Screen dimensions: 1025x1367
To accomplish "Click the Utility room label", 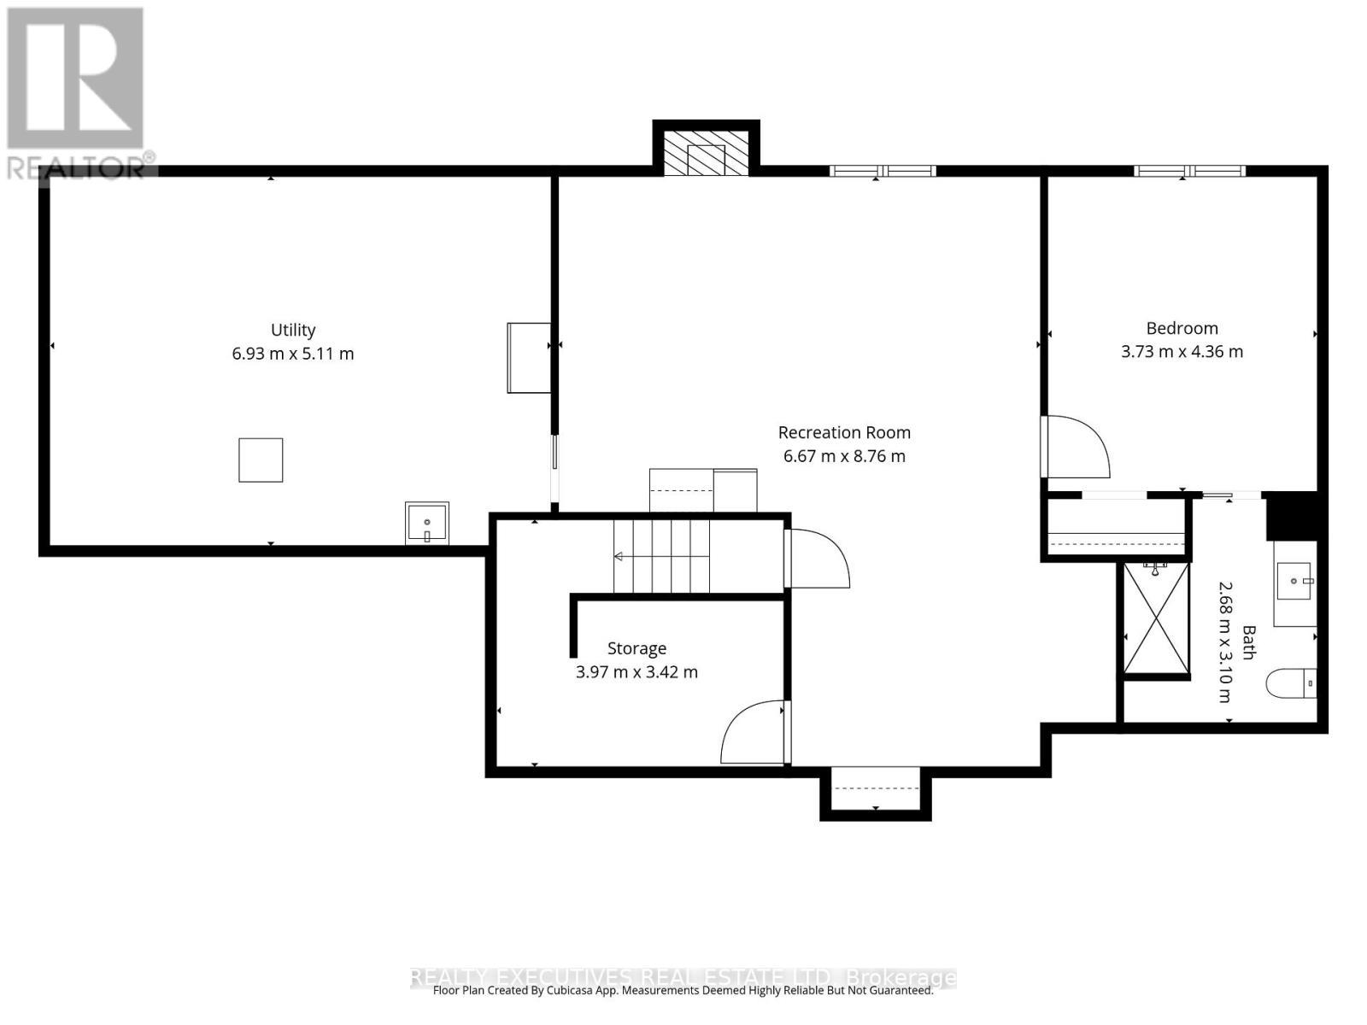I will [293, 330].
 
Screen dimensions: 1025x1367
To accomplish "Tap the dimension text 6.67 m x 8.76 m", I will [844, 456].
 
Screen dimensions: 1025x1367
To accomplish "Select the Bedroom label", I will [1182, 328].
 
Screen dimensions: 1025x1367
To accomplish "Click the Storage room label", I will [637, 648].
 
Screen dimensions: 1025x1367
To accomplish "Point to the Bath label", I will [1248, 642].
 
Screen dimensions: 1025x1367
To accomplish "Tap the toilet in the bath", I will [1291, 683].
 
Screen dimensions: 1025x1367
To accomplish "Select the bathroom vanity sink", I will [1296, 583].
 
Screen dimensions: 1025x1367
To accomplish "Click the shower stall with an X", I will [1156, 618].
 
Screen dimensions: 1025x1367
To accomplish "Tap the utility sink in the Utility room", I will [426, 523].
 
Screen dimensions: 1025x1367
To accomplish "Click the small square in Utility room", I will [261, 460].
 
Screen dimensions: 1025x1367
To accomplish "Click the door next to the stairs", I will [818, 559].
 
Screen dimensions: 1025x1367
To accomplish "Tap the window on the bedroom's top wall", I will [1189, 171].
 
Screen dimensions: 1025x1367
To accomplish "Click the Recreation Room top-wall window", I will [883, 171].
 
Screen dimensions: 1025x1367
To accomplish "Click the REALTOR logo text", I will [77, 166].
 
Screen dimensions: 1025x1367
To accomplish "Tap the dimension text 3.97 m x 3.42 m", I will [637, 672].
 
